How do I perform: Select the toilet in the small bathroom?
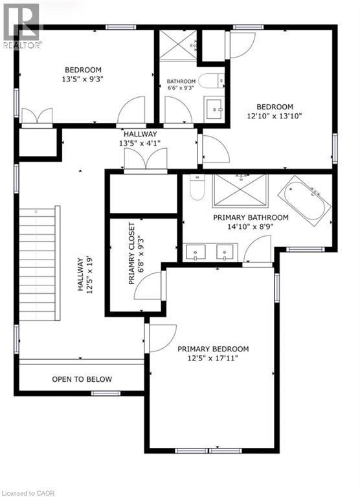(208, 82)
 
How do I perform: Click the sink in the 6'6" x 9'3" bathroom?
(213, 109)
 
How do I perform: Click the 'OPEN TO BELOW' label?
(82, 379)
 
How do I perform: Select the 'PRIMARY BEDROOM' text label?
(213, 349)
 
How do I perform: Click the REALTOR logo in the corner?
(21, 26)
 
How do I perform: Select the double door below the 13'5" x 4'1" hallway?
(146, 160)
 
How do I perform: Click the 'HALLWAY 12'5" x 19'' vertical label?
(85, 274)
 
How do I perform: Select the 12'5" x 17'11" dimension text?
(213, 358)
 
